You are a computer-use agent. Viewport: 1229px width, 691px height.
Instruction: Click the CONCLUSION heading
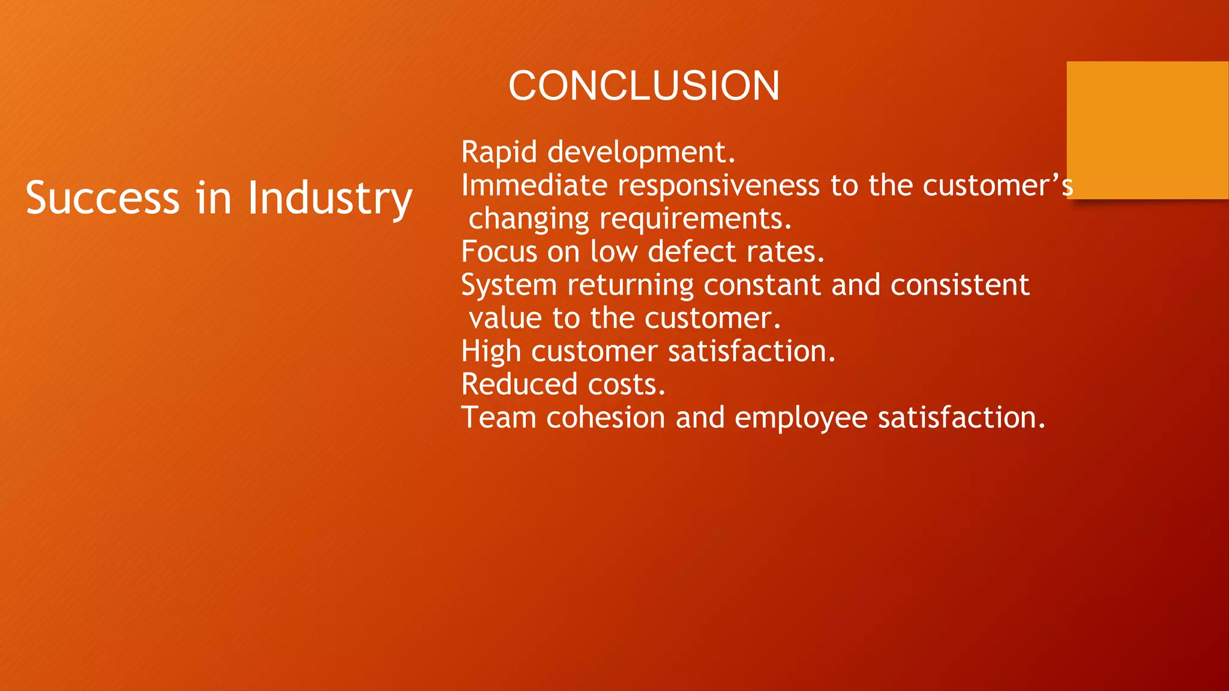pos(643,86)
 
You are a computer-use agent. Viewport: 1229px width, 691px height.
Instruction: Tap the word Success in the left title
pos(103,198)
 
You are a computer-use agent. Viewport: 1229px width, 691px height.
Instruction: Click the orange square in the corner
pos(1147,130)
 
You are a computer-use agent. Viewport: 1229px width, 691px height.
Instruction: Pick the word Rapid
pos(499,152)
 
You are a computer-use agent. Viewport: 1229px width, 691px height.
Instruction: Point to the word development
pos(640,152)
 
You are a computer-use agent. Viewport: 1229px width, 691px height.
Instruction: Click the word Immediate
pos(534,185)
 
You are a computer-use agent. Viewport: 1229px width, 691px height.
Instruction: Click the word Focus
pos(499,252)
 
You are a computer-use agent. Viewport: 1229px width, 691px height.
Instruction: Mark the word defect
pos(691,252)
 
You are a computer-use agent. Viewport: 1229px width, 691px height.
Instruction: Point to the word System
pos(509,286)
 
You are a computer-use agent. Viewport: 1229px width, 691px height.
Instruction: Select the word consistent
pos(960,285)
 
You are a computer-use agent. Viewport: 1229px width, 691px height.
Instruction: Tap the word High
pos(490,351)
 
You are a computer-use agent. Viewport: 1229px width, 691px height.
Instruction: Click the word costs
pos(627,385)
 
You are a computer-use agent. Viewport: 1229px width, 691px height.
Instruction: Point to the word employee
pos(801,419)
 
